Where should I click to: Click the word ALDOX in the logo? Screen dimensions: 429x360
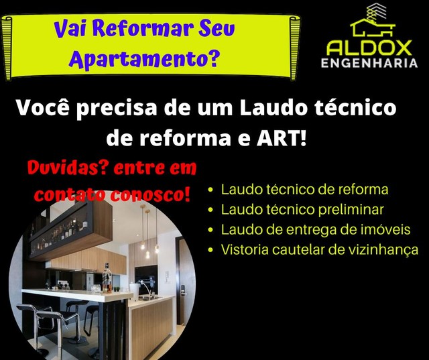[369, 48]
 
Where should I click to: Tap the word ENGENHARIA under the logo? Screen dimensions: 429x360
[369, 63]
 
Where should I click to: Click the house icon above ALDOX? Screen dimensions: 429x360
[373, 21]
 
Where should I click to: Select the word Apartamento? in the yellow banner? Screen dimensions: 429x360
[144, 58]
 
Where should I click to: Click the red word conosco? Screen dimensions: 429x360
[150, 195]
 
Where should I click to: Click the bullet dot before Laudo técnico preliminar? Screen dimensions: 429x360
[210, 210]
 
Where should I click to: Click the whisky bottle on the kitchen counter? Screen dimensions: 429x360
[107, 278]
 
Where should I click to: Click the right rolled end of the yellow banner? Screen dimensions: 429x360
[295, 48]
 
